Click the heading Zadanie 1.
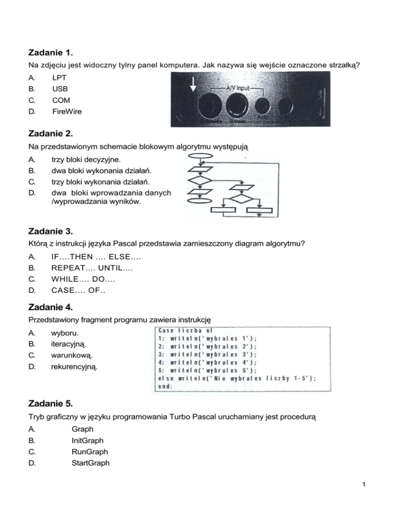click(50, 53)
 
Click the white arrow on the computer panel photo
click(193, 83)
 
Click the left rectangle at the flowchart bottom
click(223, 211)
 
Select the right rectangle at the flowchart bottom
click(259, 211)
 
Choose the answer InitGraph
click(87, 441)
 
